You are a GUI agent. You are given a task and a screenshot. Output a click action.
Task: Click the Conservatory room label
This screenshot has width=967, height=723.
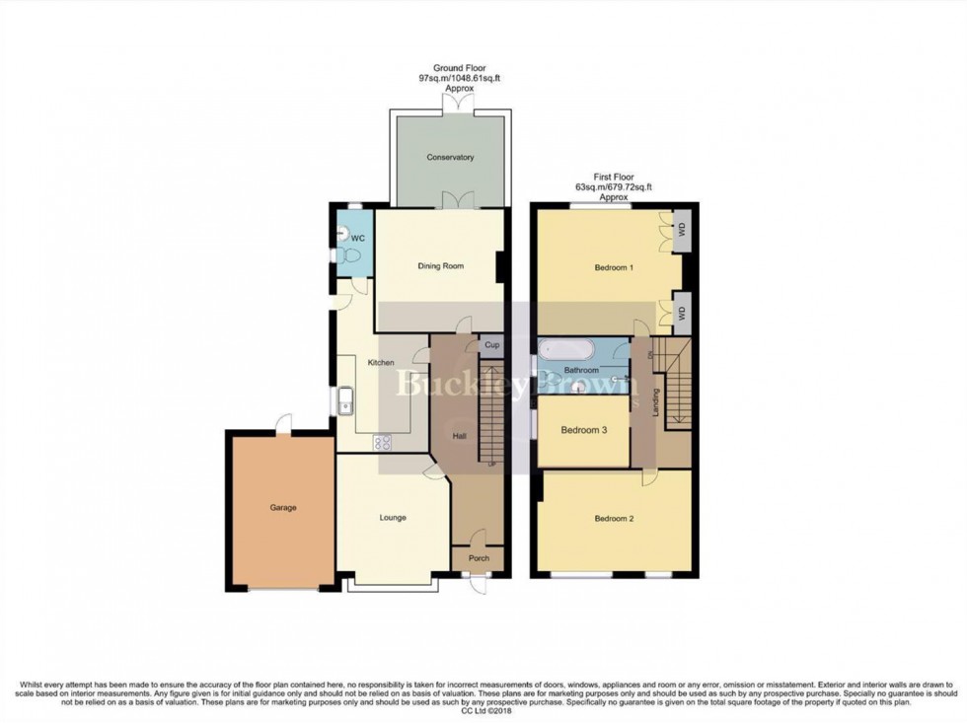pyautogui.click(x=450, y=158)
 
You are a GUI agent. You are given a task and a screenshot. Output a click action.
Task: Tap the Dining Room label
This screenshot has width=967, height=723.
pyautogui.click(x=440, y=266)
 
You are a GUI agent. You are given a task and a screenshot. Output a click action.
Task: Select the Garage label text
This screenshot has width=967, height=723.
pyautogui.click(x=283, y=508)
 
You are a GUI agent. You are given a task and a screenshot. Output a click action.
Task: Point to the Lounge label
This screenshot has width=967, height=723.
pyautogui.click(x=393, y=518)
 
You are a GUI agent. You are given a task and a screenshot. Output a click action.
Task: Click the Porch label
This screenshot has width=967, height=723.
pyautogui.click(x=479, y=559)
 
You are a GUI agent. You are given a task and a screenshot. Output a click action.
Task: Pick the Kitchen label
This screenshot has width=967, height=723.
pyautogui.click(x=381, y=363)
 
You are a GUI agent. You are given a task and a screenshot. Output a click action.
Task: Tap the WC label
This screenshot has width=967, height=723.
pyautogui.click(x=359, y=239)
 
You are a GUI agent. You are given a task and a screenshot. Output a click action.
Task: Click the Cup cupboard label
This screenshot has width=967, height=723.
pyautogui.click(x=491, y=346)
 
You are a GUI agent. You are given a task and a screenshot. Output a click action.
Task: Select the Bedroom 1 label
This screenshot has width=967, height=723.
pyautogui.click(x=614, y=267)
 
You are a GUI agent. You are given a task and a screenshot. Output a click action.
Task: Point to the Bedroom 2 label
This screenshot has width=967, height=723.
pyautogui.click(x=614, y=518)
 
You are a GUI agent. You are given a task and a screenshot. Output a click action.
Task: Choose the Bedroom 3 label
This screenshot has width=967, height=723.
pyautogui.click(x=582, y=430)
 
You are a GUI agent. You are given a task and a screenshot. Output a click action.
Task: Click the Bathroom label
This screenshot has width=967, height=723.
pyautogui.click(x=582, y=370)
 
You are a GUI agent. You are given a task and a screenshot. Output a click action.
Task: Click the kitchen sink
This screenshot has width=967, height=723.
pyautogui.click(x=346, y=399)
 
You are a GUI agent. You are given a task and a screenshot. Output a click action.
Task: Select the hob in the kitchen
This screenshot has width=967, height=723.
pyautogui.click(x=382, y=443)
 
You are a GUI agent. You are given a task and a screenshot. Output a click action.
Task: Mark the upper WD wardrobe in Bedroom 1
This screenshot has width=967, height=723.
pyautogui.click(x=681, y=230)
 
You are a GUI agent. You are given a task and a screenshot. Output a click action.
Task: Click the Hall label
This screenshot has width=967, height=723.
pyautogui.click(x=459, y=435)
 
